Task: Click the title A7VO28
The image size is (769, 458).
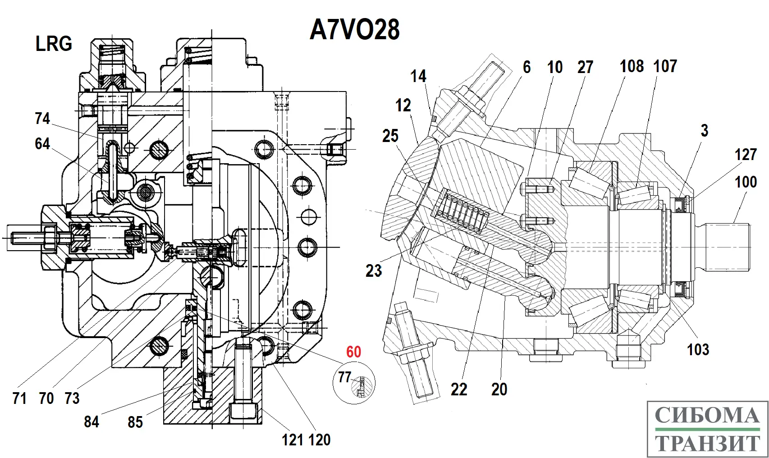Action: pos(355,30)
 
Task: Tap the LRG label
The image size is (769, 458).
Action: pos(54,44)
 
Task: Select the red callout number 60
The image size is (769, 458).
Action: pos(354,352)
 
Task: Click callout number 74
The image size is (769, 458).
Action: pos(42,119)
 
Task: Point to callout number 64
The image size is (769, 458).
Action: pos(42,144)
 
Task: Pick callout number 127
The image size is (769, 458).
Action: pos(745,155)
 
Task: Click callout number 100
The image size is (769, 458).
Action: pos(746,182)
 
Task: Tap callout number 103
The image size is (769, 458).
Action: pos(698,349)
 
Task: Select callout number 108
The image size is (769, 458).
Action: pos(632,66)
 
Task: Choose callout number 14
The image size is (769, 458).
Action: pos(418,76)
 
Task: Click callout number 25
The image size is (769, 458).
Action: pos(390,136)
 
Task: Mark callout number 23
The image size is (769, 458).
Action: pos(374,270)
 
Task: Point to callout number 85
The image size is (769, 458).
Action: pos(135,422)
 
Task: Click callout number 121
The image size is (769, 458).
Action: pos(293,440)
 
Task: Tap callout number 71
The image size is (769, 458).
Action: pos(19,398)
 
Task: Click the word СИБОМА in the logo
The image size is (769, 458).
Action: pos(707,416)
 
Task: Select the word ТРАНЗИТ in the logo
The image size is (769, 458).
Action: pos(707,443)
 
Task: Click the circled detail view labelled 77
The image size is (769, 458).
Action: pos(354,384)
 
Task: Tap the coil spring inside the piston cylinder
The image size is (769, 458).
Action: pos(462,211)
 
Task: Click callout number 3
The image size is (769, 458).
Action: pos(705,131)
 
